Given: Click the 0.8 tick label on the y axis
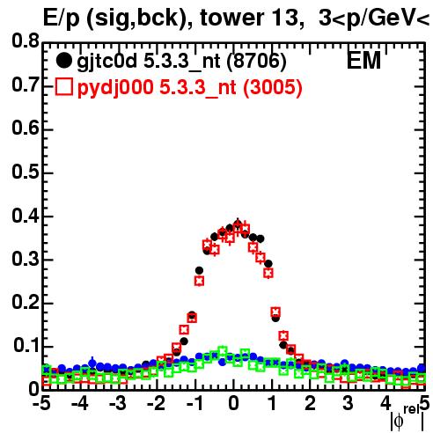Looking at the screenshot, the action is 26,41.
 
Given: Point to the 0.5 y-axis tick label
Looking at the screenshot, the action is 26,172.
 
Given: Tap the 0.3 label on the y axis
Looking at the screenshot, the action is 26,259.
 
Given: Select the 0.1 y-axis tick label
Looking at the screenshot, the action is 26,346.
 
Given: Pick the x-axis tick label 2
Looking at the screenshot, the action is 311,403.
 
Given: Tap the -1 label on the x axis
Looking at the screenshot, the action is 194,403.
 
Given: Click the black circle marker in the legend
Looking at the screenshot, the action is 63,61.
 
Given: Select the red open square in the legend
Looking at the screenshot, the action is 64,86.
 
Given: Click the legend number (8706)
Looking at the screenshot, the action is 256,62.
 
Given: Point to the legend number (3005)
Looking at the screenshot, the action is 272,87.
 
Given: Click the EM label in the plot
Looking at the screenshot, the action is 363,61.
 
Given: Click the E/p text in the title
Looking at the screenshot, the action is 62,18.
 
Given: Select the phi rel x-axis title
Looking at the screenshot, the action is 407,417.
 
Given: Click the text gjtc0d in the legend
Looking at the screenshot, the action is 107,62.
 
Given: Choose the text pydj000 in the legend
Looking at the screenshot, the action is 115,88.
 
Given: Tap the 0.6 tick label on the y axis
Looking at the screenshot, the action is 26,128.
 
